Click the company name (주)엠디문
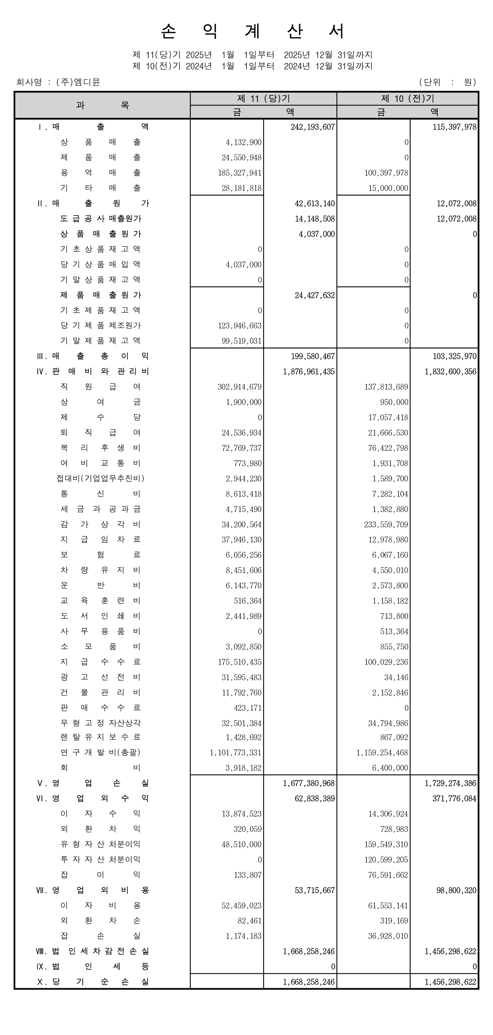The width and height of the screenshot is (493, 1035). [78, 82]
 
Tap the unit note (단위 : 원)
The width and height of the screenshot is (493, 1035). [447, 82]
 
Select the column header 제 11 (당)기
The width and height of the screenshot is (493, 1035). [263, 99]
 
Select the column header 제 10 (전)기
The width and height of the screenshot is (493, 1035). [407, 99]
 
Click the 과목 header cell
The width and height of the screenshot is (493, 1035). [102, 105]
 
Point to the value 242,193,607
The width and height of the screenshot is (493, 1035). [313, 127]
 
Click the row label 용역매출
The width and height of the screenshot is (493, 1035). [100, 173]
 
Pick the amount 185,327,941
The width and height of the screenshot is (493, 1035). [240, 173]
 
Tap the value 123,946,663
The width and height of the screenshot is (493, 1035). [240, 325]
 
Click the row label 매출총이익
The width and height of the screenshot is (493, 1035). [100, 356]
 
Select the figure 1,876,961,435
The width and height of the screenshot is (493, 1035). [308, 372]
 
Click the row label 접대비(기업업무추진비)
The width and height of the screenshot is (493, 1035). [100, 478]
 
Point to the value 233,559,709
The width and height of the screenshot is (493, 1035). [386, 524]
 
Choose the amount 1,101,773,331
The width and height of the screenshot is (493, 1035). [236, 753]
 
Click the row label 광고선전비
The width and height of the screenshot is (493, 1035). [100, 677]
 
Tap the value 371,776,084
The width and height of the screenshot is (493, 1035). [454, 798]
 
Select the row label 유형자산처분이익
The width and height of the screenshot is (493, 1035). [100, 844]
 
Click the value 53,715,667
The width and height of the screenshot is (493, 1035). [314, 890]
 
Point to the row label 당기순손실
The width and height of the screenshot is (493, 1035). [100, 981]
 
